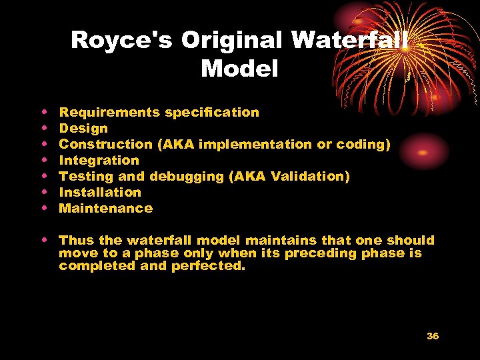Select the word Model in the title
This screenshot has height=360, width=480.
pyautogui.click(x=239, y=68)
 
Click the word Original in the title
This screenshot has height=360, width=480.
pyautogui.click(x=233, y=40)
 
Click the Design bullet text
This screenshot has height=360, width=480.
pyautogui.click(x=83, y=128)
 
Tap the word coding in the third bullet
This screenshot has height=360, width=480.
pyautogui.click(x=366, y=144)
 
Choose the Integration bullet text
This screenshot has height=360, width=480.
pyautogui.click(x=99, y=160)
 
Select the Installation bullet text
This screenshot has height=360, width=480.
pyautogui.click(x=100, y=192)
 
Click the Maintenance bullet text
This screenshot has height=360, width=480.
pyautogui.click(x=106, y=208)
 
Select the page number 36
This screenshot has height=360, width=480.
pyautogui.click(x=433, y=336)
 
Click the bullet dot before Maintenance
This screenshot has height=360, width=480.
pyautogui.click(x=44, y=209)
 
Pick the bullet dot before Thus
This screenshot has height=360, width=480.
pyautogui.click(x=44, y=240)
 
